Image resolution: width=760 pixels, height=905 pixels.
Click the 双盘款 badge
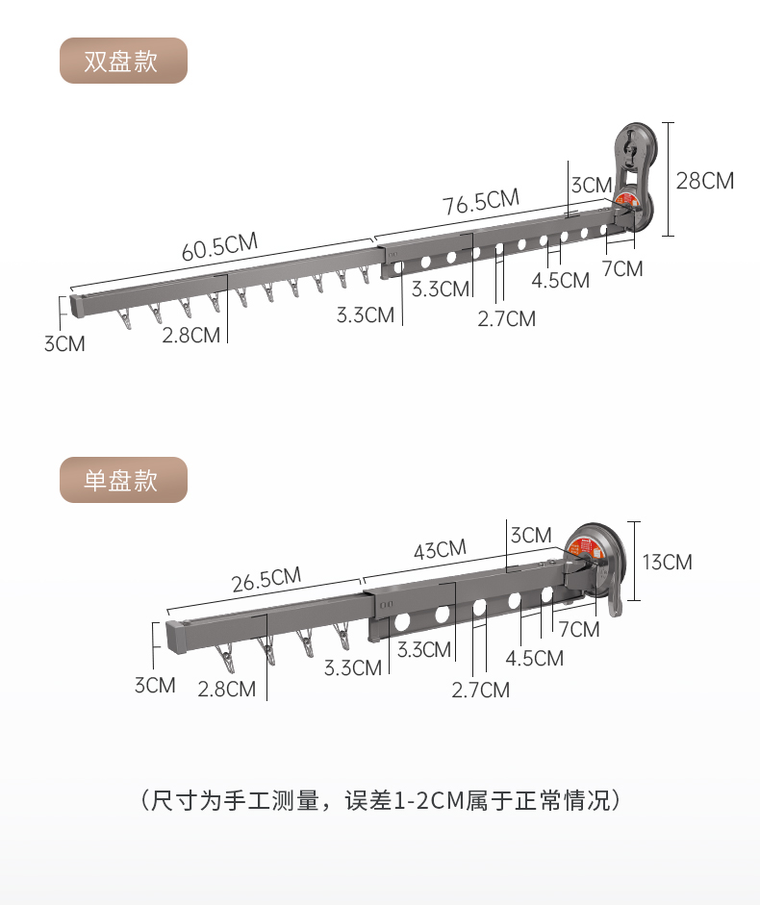pyautogui.click(x=122, y=61)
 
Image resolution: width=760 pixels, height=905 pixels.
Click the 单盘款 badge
pyautogui.click(x=122, y=480)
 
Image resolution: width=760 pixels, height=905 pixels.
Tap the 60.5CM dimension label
pyautogui.click(x=219, y=246)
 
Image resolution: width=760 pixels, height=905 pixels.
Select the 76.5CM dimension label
pyautogui.click(x=480, y=203)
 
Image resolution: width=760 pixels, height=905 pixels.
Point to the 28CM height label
pyautogui.click(x=704, y=180)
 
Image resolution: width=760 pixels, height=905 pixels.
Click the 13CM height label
pyautogui.click(x=667, y=562)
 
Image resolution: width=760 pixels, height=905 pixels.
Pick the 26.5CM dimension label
pyautogui.click(x=266, y=580)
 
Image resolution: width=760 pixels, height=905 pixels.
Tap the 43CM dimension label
pyautogui.click(x=440, y=550)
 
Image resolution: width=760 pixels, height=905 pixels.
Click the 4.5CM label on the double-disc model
pyautogui.click(x=560, y=280)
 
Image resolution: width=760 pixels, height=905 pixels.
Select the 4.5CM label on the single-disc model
pyautogui.click(x=535, y=658)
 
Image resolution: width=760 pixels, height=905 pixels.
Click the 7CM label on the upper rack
pyautogui.click(x=622, y=268)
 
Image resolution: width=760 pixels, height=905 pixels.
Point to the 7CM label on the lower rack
pyautogui.click(x=578, y=629)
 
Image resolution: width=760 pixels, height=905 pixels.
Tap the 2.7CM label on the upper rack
pyautogui.click(x=506, y=318)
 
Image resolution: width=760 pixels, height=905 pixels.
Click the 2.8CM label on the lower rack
pyautogui.click(x=227, y=689)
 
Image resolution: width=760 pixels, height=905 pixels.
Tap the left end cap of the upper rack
pyautogui.click(x=79, y=305)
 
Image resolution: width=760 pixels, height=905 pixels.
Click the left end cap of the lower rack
pyautogui.click(x=176, y=638)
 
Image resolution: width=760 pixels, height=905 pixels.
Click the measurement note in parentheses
pyautogui.click(x=380, y=800)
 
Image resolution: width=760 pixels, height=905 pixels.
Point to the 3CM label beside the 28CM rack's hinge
pyautogui.click(x=591, y=184)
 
